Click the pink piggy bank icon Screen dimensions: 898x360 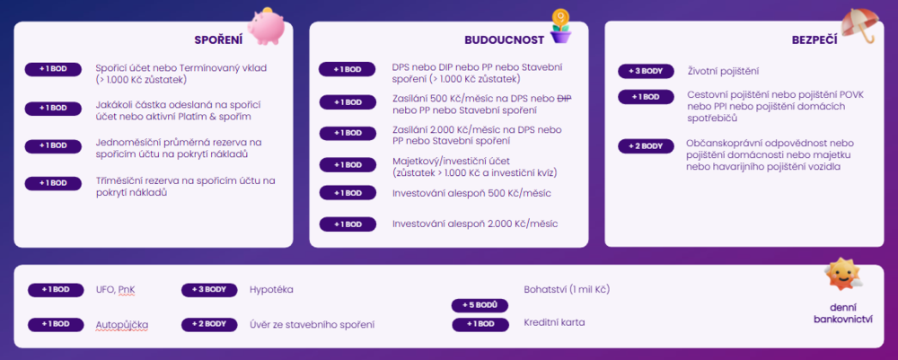pos(267,26)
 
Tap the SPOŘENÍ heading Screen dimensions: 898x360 pos(218,40)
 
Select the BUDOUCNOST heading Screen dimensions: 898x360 pos(504,40)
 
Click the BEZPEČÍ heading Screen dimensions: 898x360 pos(814,40)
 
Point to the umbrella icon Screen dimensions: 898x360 pos(861,26)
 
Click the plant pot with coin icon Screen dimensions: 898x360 pos(560,26)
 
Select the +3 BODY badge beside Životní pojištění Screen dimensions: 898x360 pos(646,72)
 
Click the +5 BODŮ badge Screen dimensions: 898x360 pos(480,305)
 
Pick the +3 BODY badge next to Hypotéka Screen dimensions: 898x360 pos(209,290)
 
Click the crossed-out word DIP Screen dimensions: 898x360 pos(564,99)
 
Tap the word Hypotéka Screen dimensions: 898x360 pos(271,290)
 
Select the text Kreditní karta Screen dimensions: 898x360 pos(554,323)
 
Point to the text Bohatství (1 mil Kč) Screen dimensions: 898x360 pos(567,290)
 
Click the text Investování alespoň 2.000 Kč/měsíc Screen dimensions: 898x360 pos(475,224)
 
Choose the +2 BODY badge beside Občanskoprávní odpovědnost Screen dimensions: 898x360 pos(646,146)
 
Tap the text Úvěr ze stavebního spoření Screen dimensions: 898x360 pos(313,325)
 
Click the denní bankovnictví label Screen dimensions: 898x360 pos(842,313)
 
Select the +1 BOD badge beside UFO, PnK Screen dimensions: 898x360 pos(56,290)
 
